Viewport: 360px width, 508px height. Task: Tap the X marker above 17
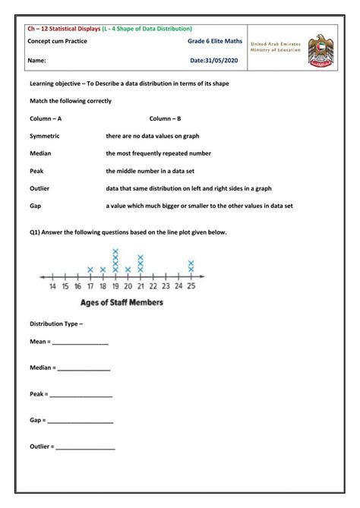90,270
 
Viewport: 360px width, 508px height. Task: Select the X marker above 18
103,270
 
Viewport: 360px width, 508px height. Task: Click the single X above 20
128,270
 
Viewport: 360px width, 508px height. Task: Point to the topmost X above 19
115,251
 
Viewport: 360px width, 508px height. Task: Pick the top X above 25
191,263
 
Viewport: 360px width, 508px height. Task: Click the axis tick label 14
52,286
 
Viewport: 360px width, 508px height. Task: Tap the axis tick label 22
153,286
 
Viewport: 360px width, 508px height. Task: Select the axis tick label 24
178,286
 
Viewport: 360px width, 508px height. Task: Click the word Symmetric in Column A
44,136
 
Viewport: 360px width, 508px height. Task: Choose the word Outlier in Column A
39,188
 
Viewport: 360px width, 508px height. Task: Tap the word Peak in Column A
36,171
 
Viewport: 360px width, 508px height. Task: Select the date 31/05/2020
214,59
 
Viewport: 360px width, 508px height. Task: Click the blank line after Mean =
80,344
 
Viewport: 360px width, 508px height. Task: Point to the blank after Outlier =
85,447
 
